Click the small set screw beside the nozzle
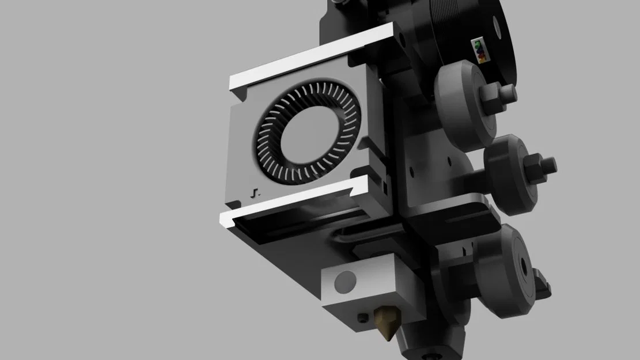361,317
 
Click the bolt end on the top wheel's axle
509,92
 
